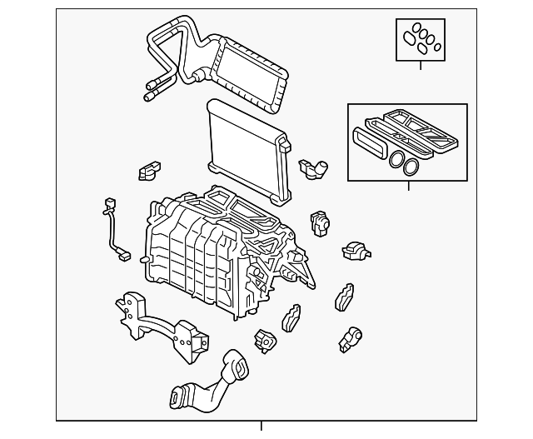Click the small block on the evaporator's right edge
click(286, 147)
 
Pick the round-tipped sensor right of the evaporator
click(316, 166)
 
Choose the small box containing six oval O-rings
click(420, 38)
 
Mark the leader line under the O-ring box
click(420, 64)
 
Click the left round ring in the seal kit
click(397, 161)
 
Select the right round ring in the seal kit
click(411, 167)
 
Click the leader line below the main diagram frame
click(261, 427)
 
